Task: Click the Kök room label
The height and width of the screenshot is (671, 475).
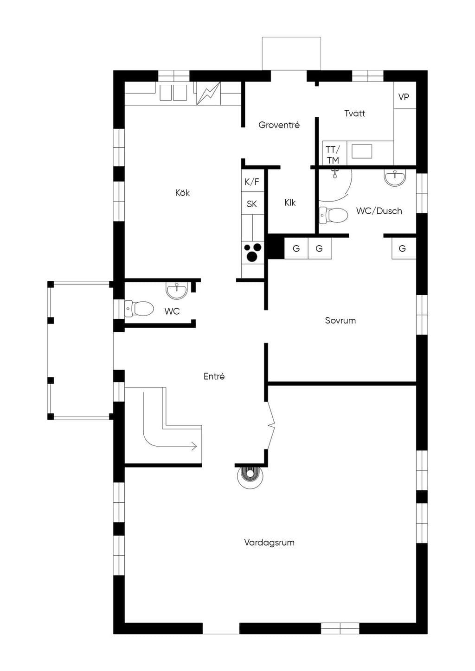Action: coord(182,193)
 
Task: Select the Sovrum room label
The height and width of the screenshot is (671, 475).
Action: coord(340,321)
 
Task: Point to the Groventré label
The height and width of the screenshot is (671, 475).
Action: coord(279,125)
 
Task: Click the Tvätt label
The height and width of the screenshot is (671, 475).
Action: coord(355,114)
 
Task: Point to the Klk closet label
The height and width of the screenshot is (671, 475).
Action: coord(290,203)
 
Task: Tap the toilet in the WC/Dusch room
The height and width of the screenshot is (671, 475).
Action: coord(334,215)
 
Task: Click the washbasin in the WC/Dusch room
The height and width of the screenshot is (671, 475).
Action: coord(395,178)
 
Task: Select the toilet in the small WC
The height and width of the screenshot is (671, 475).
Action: coord(139,309)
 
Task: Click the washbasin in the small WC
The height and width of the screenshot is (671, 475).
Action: coord(177,290)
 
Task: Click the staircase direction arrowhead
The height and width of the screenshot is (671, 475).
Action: coord(194,446)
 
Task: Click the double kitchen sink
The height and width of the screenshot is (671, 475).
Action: coord(173,93)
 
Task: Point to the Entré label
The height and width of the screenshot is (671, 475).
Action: coord(214,376)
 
